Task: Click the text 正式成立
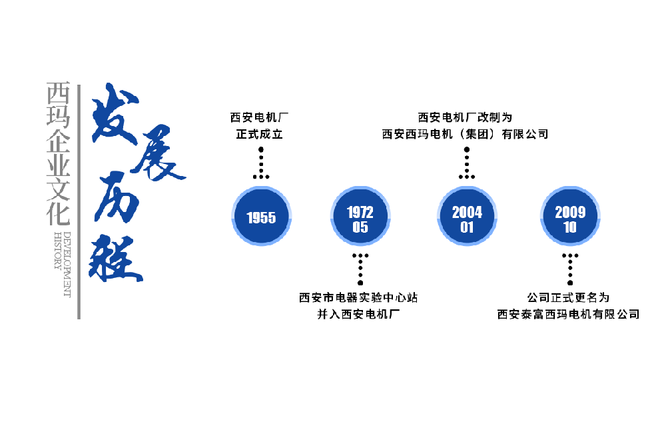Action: (260, 134)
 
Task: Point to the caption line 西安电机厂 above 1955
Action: (260, 117)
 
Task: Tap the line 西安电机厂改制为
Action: (466, 117)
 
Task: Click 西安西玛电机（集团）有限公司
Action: (466, 134)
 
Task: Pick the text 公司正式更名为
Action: (568, 297)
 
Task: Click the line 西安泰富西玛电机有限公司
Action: (568, 314)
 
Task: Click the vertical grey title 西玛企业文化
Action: (58, 153)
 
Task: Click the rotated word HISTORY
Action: (57, 251)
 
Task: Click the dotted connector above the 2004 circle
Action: (467, 163)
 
